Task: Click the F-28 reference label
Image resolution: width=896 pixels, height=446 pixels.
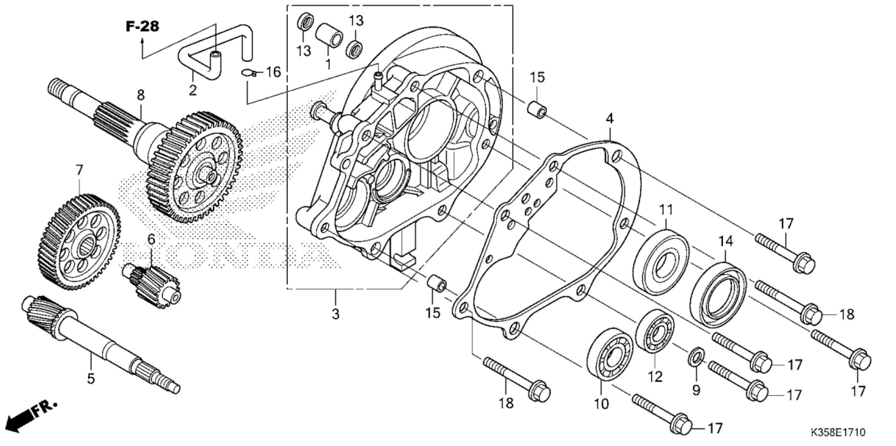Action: (142, 27)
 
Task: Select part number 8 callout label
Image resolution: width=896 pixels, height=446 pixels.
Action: (140, 95)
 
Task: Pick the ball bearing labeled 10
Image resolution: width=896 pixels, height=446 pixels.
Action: (609, 354)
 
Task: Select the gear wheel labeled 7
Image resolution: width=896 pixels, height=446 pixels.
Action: (79, 241)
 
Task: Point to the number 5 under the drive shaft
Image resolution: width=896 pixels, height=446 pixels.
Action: (91, 378)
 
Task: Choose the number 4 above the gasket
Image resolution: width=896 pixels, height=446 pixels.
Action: (609, 119)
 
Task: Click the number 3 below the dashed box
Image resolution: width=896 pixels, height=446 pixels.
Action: (335, 314)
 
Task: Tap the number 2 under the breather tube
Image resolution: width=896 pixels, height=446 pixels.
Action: (192, 90)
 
